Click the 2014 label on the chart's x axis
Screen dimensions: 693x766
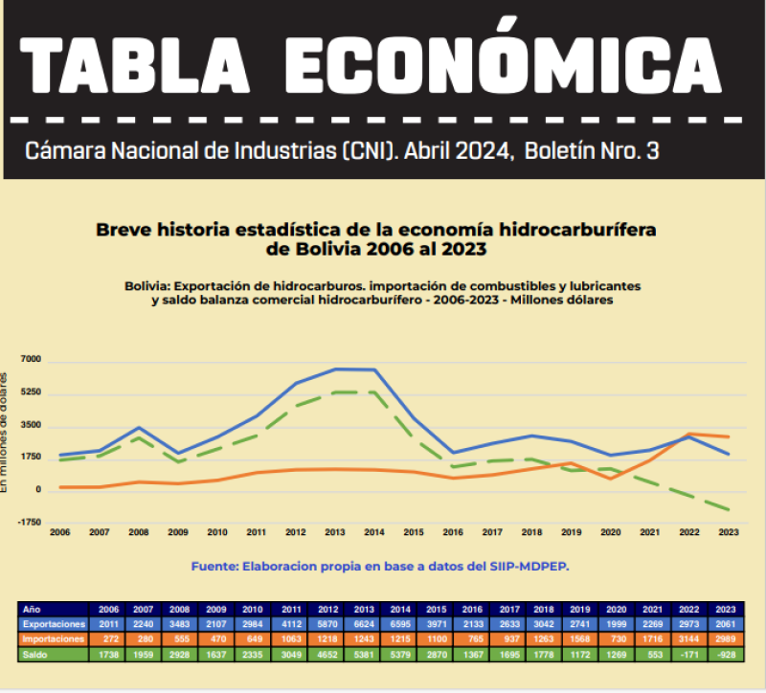375,531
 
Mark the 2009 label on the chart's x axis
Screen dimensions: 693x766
178,531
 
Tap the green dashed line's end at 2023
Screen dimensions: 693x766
731,510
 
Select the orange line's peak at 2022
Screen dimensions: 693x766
691,434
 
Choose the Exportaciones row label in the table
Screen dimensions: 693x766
53,623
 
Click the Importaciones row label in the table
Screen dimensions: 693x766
53,638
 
